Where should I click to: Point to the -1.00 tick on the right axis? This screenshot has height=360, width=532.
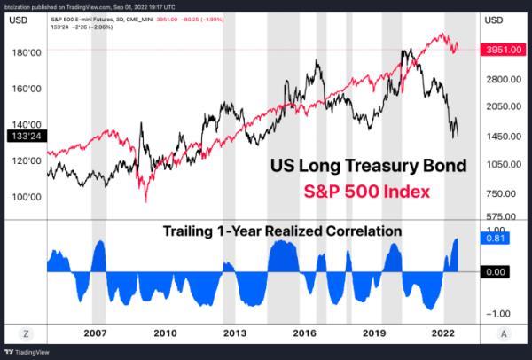tap(500, 313)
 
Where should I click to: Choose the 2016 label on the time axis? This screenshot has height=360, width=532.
tap(304, 333)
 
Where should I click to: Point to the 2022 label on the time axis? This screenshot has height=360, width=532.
tap(443, 333)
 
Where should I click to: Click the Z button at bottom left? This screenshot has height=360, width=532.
tap(25, 333)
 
